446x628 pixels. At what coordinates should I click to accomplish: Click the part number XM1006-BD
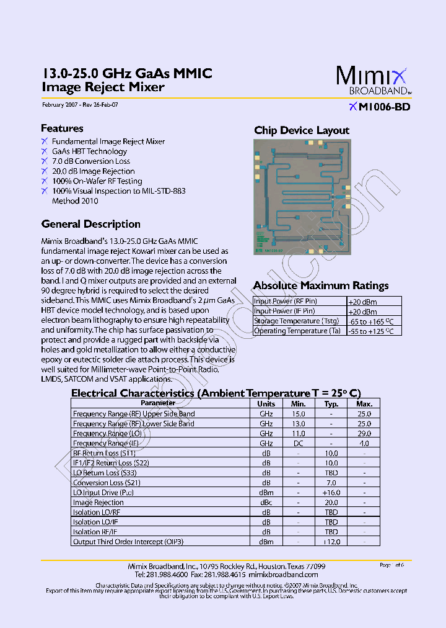(x=380, y=107)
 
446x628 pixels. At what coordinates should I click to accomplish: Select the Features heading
(x=62, y=128)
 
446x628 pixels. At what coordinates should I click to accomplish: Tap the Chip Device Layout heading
(x=302, y=130)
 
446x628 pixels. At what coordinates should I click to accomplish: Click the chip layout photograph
(x=302, y=196)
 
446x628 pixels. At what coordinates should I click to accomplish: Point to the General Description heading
(x=90, y=224)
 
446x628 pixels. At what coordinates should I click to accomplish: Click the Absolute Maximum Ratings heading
(x=321, y=285)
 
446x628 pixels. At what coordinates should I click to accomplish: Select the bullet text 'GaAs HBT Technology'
(x=89, y=151)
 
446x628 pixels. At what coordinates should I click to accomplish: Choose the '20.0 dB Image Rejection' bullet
(x=93, y=171)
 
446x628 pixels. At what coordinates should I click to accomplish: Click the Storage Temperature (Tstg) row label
(x=296, y=321)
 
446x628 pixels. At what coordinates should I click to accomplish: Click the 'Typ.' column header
(x=331, y=403)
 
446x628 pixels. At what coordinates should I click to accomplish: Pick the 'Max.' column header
(x=364, y=403)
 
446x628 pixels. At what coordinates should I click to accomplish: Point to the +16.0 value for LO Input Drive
(x=331, y=493)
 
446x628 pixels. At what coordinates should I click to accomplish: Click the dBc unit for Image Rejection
(x=266, y=503)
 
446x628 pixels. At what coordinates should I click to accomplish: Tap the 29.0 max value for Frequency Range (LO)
(x=364, y=434)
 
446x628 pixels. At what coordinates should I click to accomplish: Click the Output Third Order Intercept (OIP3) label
(x=128, y=542)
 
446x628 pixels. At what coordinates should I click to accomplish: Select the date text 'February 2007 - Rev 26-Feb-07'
(x=80, y=105)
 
